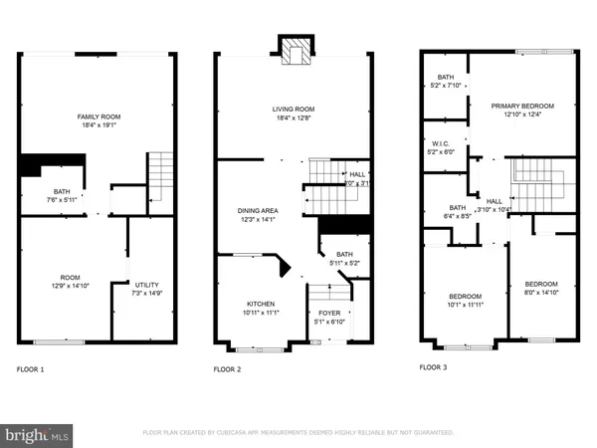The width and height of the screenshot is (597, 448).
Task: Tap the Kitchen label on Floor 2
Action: coord(261,304)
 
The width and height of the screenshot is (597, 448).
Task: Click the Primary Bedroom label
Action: coord(522,106)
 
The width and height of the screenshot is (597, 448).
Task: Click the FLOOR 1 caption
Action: coord(30,369)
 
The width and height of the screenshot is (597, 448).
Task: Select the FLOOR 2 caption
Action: coord(228,369)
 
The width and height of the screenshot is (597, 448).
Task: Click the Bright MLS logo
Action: coord(38,434)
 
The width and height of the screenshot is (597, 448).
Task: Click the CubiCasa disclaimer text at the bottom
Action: coord(298,433)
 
